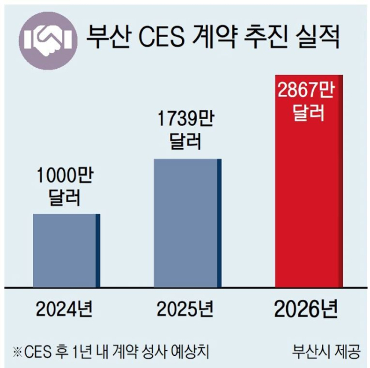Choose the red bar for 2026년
[310, 185]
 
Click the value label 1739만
[186, 120]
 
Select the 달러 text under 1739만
[186, 143]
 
